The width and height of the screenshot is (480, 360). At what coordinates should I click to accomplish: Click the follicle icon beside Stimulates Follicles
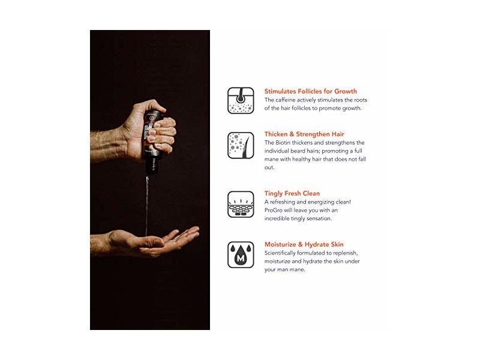tap(241, 100)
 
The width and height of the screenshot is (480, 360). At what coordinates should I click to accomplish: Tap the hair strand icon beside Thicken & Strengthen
tap(241, 145)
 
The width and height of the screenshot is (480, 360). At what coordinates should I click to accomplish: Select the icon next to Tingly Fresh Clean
tap(241, 205)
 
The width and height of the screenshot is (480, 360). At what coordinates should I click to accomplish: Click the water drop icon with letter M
tap(241, 254)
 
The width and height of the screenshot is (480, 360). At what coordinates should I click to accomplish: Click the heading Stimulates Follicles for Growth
tap(310, 91)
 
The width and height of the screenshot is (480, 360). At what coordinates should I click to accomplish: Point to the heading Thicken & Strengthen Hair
tap(304, 134)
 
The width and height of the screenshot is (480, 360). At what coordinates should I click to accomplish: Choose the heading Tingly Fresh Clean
tap(292, 193)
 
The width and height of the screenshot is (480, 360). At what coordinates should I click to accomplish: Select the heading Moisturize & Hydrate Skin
tap(304, 244)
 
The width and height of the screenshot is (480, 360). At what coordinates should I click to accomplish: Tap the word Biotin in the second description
tap(283, 143)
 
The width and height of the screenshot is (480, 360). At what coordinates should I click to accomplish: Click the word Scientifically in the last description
tap(279, 253)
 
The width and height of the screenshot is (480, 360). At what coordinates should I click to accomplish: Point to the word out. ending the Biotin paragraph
tap(269, 167)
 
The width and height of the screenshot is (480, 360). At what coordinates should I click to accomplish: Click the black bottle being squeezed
tap(153, 142)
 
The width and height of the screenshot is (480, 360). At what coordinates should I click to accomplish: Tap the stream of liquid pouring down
tap(147, 205)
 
